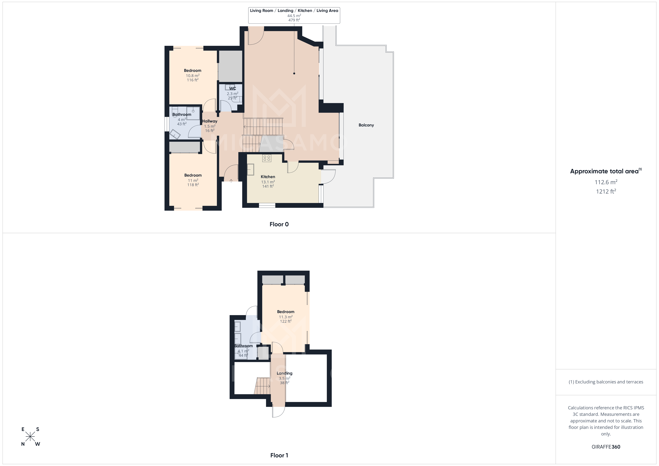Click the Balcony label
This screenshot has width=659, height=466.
click(x=366, y=125)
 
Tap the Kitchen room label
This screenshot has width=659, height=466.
click(x=268, y=177)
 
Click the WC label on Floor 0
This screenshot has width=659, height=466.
click(x=232, y=88)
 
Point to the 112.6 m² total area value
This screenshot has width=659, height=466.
click(x=606, y=182)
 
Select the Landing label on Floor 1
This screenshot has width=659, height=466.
click(x=284, y=373)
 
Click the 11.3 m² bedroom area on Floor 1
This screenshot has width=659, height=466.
click(x=286, y=317)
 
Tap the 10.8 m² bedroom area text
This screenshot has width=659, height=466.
click(x=193, y=76)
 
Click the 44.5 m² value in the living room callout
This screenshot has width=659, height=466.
click(x=294, y=16)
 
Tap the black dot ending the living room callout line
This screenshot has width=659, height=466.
click(x=294, y=74)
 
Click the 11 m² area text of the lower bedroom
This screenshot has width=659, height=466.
click(x=193, y=181)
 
